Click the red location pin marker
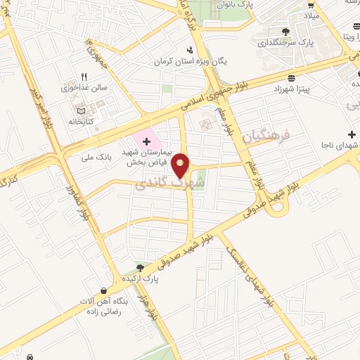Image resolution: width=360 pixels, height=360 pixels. (x=181, y=166)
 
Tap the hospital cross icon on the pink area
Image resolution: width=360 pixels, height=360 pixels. (x=136, y=142)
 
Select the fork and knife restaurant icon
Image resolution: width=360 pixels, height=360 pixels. (x=84, y=77)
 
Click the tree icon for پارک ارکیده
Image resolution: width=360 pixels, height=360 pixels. (x=140, y=267)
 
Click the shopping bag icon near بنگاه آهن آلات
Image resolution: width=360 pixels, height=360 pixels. (x=103, y=290)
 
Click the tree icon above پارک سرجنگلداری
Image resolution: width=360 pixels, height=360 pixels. (x=285, y=32)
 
